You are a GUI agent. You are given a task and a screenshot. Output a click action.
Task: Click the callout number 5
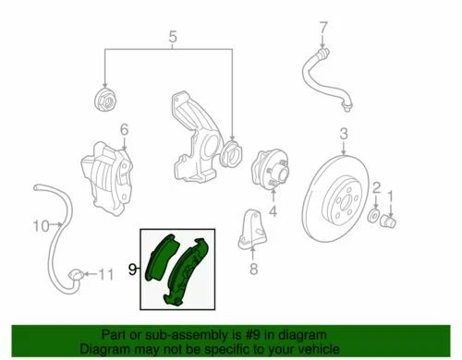coord(172,38)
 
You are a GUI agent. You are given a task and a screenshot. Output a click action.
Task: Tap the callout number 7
coord(322,27)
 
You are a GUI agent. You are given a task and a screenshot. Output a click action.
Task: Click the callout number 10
coord(41,225)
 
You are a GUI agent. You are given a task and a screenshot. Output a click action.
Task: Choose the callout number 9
coord(132,270)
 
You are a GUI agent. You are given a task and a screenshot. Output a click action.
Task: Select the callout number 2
coord(377,189)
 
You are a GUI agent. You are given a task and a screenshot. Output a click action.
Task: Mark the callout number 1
coord(392,195)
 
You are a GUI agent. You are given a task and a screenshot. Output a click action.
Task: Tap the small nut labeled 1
coord(390,220)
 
